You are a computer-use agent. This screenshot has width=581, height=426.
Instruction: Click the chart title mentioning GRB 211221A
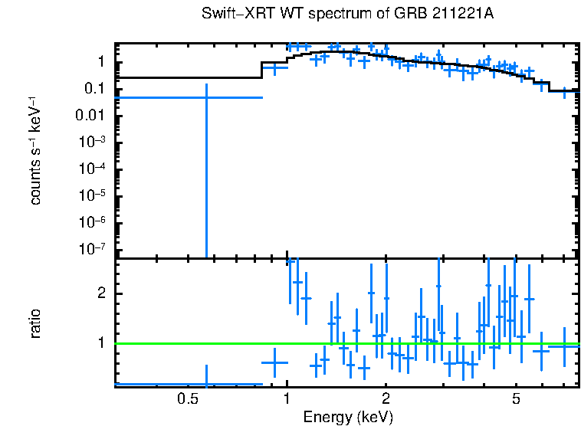tap(348, 15)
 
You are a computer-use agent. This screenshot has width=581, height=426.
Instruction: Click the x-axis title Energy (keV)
tap(348, 418)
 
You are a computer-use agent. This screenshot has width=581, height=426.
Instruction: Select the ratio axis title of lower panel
tap(35, 323)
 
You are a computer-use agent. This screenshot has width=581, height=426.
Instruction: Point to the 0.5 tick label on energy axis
tap(187, 399)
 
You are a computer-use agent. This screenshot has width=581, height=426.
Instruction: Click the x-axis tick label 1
tap(287, 399)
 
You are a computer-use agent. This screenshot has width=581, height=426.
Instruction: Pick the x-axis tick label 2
tap(386, 399)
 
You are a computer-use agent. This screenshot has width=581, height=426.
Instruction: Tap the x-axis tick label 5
tap(517, 399)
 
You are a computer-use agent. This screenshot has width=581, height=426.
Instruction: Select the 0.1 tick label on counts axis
tap(100, 88)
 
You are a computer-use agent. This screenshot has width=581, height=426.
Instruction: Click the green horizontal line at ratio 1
tap(345, 343)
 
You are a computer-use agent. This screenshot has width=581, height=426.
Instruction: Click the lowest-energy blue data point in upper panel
tap(205, 97)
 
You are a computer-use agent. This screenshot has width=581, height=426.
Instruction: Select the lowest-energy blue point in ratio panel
tap(205, 384)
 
